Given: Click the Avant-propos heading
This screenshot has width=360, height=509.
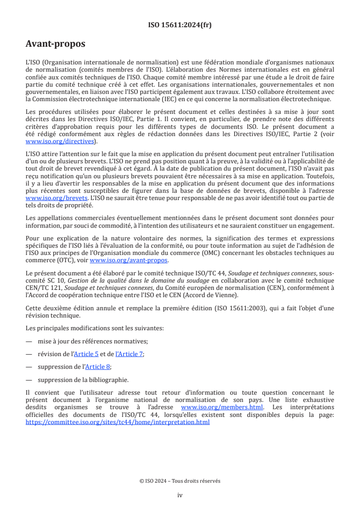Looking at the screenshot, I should (55, 44).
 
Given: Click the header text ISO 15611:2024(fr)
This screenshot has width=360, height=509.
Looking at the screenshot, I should (180, 25).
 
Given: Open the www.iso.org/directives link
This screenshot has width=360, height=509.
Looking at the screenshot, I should (61, 141).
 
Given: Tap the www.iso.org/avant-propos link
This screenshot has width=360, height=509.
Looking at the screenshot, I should (129, 260).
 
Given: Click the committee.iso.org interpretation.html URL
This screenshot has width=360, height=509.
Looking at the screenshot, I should (118, 421).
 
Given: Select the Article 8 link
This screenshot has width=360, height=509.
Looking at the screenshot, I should (99, 367).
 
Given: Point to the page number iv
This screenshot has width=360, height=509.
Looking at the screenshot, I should (180, 495).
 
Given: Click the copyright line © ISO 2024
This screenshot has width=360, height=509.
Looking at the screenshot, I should (180, 481).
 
